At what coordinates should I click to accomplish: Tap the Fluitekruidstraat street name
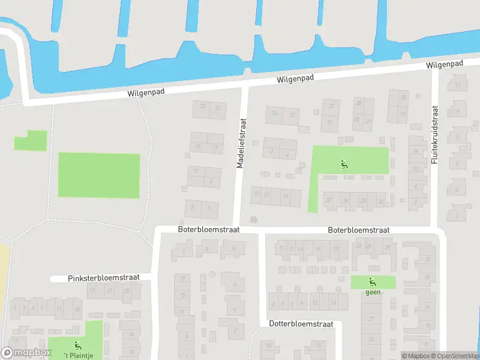435,136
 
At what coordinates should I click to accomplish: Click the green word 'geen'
373,293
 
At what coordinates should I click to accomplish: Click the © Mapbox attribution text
415,356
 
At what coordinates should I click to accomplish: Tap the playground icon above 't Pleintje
77,345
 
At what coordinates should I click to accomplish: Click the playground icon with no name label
344,164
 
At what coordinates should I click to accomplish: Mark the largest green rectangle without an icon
99,175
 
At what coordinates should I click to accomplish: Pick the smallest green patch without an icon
30,141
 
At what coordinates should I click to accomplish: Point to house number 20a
253,219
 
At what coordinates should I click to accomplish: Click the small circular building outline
211,274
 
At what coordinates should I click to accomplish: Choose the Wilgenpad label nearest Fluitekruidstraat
445,64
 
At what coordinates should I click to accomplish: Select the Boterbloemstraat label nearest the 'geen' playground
359,230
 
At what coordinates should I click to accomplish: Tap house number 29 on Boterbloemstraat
388,247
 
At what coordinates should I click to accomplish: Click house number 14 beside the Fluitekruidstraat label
415,151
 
